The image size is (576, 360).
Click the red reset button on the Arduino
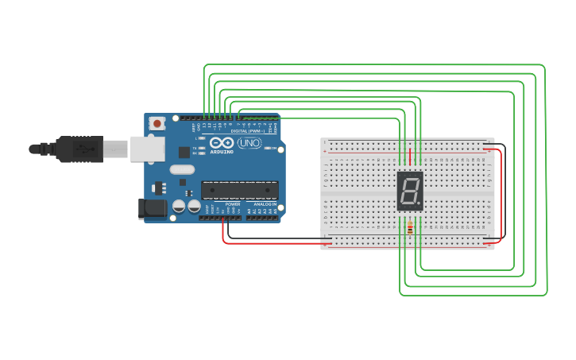(x=157, y=123)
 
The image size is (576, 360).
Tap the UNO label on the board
(x=249, y=143)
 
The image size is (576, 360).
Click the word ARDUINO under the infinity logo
(x=222, y=151)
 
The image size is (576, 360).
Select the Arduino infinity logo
(x=222, y=143)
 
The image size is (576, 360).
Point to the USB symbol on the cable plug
(x=80, y=148)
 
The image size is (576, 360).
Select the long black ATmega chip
(x=240, y=190)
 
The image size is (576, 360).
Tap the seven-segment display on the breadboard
(x=410, y=191)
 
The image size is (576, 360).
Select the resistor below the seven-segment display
(x=410, y=229)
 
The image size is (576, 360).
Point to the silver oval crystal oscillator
(x=182, y=168)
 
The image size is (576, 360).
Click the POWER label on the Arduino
(x=233, y=204)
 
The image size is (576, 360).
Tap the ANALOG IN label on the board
(x=265, y=204)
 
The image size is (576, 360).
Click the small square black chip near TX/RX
(x=184, y=152)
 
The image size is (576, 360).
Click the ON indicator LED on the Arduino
(x=273, y=148)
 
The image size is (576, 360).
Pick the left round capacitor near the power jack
(x=179, y=206)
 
